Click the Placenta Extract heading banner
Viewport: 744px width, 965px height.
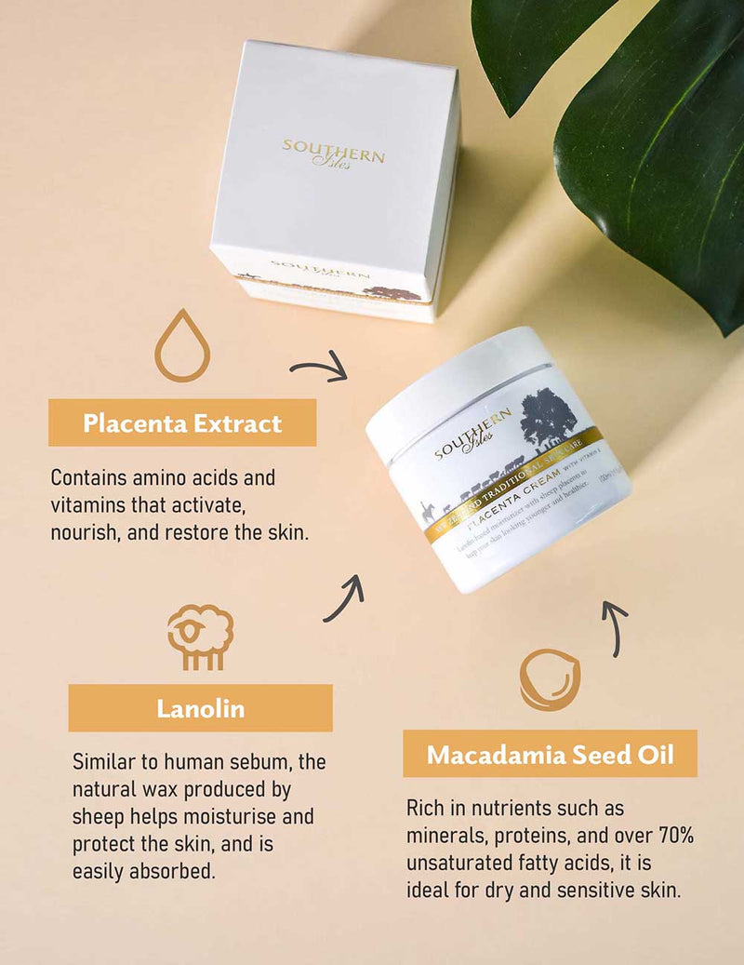pos(182,423)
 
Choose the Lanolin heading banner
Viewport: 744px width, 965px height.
pos(200,708)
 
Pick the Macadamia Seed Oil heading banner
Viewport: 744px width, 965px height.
pos(550,754)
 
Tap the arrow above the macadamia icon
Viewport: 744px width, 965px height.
pos(615,626)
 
